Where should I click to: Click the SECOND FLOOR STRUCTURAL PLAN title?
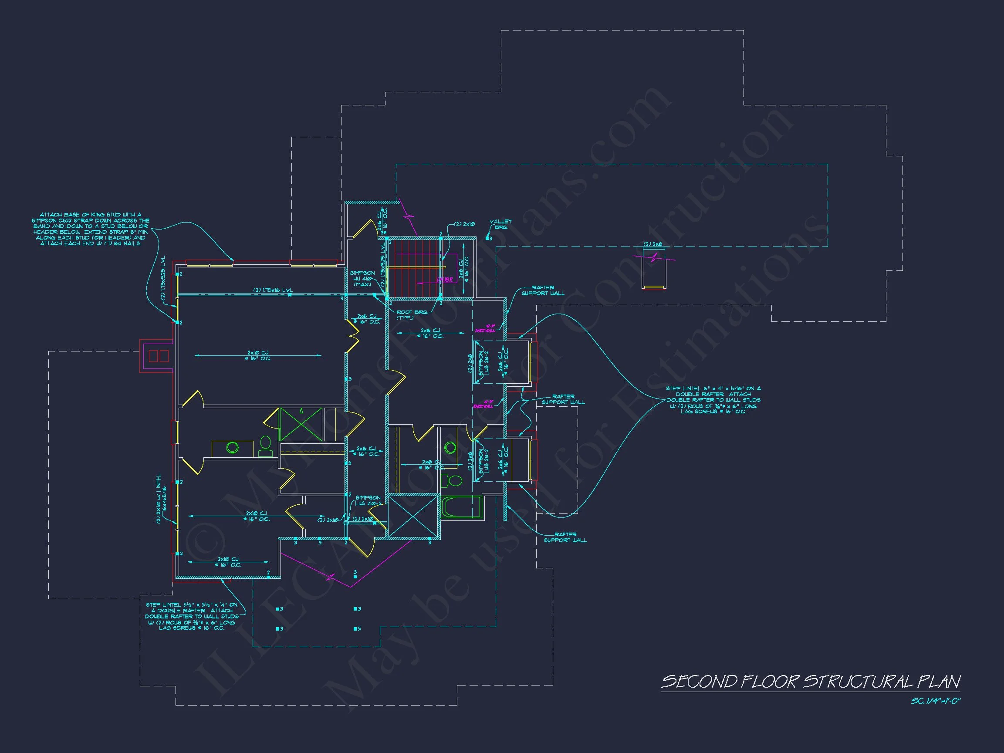click(811, 682)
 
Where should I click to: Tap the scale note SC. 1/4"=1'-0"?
click(936, 701)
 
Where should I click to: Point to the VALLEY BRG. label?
click(500, 224)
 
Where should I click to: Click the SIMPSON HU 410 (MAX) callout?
click(362, 279)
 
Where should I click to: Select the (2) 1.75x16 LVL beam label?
click(273, 290)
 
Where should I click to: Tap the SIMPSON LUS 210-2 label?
click(368, 501)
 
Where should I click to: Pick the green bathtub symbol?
click(461, 507)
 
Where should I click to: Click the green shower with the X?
click(300, 424)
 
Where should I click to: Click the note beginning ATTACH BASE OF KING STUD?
click(90, 229)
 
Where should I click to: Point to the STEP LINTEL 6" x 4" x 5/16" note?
click(713, 400)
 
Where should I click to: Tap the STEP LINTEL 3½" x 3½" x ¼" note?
click(192, 616)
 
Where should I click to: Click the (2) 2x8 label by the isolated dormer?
click(652, 245)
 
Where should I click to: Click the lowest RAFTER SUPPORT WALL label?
click(565, 537)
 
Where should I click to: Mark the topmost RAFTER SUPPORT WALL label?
click(543, 290)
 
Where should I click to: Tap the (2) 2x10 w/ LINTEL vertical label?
click(161, 499)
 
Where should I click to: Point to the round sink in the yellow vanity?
click(233, 448)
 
